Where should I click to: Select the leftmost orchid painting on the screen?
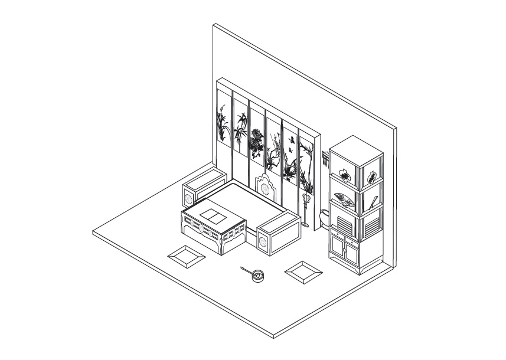[x=223, y=123]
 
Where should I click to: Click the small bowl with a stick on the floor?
[x=257, y=275]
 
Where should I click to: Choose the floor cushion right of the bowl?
[x=303, y=272]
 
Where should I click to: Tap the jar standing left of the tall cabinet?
[x=324, y=218]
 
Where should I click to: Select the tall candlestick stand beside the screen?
[x=305, y=207]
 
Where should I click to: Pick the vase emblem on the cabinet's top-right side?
[x=371, y=175]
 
